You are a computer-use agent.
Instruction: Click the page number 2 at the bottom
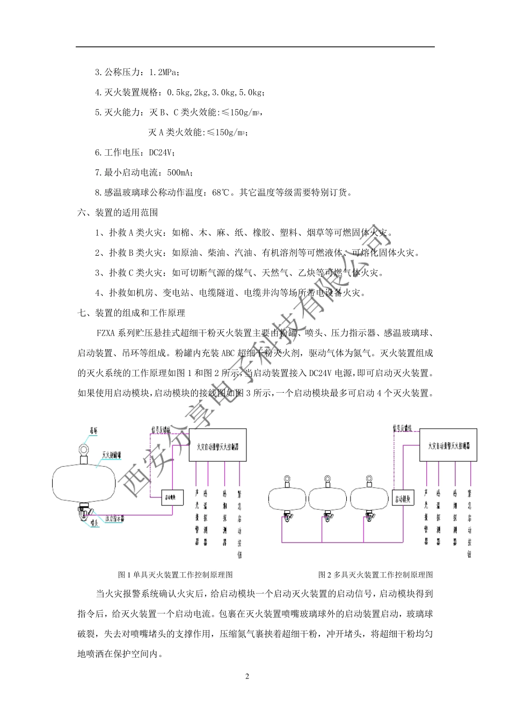(x=247, y=676)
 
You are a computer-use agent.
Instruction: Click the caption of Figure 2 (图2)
(x=376, y=574)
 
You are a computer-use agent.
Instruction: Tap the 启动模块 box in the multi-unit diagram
(x=404, y=499)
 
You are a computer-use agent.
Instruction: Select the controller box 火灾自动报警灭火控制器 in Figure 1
(x=217, y=445)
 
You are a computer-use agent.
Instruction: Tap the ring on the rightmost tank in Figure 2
(x=368, y=479)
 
